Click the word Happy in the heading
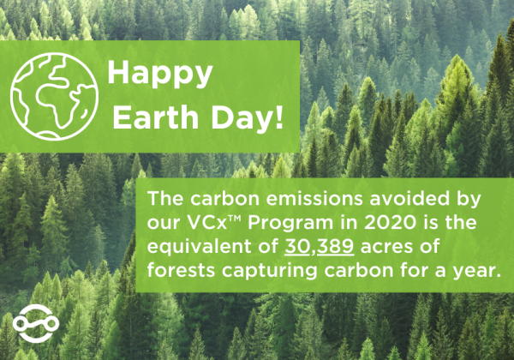[x=160, y=74]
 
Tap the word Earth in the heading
[x=155, y=117]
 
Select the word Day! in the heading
[x=247, y=117]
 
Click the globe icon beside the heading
[x=55, y=96]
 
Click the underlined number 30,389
[x=320, y=247]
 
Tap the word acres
[x=384, y=248]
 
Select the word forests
[x=181, y=271]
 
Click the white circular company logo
[x=36, y=323]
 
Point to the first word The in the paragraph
[x=165, y=198]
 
